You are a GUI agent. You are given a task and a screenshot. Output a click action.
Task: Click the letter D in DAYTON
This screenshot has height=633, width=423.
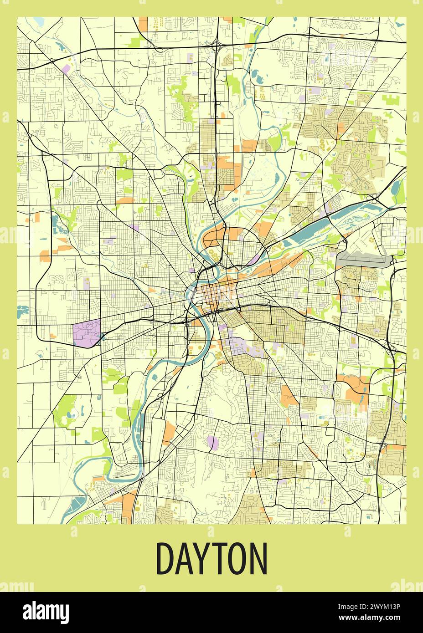(x=165, y=558)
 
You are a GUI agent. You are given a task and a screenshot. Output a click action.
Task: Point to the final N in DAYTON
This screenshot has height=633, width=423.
(x=258, y=558)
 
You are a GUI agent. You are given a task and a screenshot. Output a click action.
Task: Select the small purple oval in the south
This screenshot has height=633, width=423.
(x=212, y=442)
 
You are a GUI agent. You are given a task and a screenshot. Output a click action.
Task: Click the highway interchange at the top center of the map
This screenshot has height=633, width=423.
(x=216, y=46)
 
